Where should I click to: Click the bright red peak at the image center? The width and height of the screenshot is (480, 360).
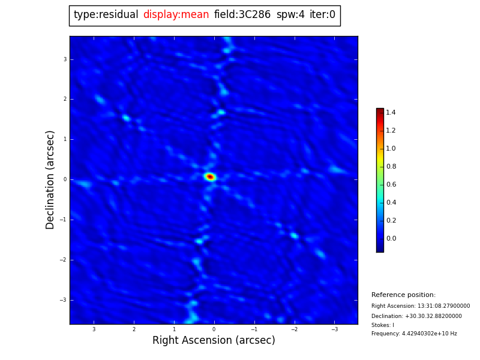tap(210, 176)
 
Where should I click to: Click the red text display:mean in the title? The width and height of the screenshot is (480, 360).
tap(176, 15)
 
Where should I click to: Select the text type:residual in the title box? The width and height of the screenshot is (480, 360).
tap(106, 15)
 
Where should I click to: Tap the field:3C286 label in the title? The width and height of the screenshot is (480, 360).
tap(242, 15)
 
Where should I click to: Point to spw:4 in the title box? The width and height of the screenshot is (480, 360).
tap(290, 15)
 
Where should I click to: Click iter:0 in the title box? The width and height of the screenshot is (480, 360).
tap(322, 15)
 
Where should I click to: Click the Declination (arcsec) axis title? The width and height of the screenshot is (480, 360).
tap(50, 179)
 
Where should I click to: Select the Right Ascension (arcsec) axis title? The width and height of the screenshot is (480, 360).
tap(214, 341)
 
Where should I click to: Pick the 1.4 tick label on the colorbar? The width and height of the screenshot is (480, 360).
tap(391, 113)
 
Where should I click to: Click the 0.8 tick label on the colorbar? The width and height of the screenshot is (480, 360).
tap(391, 167)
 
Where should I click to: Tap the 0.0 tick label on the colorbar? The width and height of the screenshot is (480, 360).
tap(391, 239)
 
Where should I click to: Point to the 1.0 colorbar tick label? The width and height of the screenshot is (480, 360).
tap(391, 149)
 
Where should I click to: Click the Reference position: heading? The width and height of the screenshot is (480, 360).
tap(403, 295)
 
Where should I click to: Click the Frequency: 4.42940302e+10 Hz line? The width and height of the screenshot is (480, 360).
tap(414, 334)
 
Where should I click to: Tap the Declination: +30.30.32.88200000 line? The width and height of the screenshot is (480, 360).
tap(416, 316)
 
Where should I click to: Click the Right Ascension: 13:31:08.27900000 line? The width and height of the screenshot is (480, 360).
tap(421, 306)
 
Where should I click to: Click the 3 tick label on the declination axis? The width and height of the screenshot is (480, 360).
tap(65, 59)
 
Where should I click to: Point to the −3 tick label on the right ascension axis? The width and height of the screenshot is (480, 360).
tap(334, 329)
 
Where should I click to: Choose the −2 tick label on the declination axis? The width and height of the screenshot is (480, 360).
tap(64, 260)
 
